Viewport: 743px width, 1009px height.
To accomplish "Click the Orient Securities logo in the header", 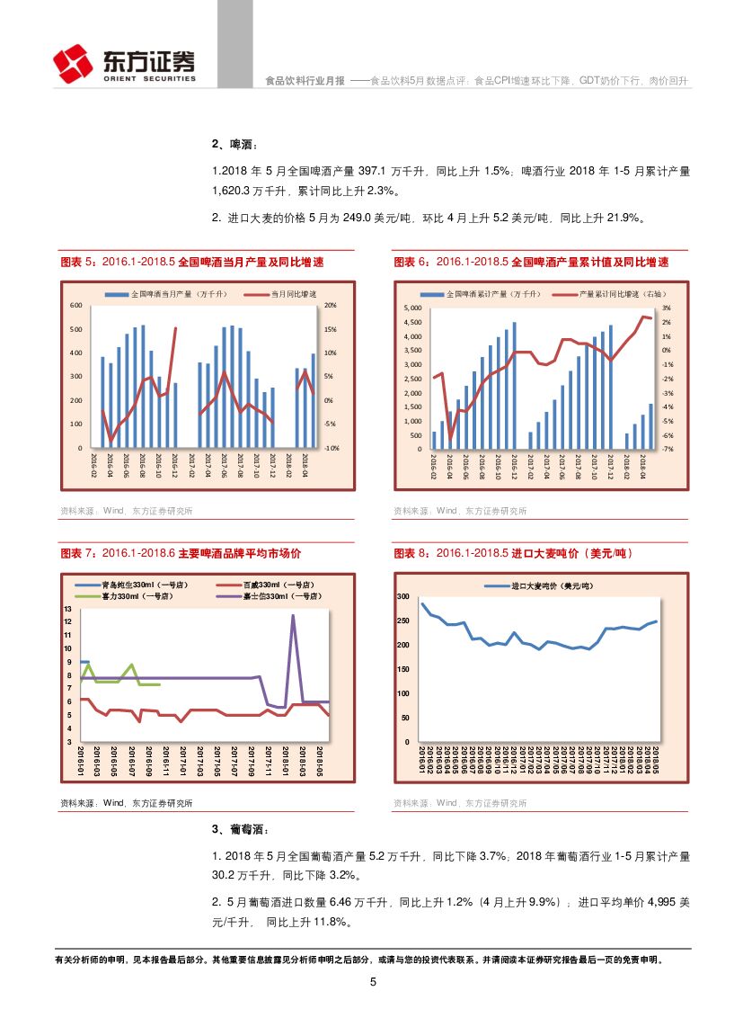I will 123,64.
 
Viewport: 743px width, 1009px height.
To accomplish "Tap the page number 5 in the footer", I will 373,981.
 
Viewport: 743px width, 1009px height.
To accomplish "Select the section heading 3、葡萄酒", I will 240,828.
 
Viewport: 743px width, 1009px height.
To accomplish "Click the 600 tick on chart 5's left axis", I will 76,306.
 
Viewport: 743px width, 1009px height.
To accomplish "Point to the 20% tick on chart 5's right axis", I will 331,306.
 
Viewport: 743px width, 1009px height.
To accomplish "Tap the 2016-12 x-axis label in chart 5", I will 175,465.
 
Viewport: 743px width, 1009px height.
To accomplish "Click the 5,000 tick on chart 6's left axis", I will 412,308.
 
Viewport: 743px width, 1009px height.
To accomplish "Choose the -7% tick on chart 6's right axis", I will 668,449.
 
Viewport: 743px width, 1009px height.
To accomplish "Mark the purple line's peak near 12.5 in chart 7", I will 293,616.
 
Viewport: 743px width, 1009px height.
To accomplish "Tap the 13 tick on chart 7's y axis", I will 67,609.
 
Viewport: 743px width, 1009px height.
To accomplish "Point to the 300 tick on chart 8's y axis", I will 402,597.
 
